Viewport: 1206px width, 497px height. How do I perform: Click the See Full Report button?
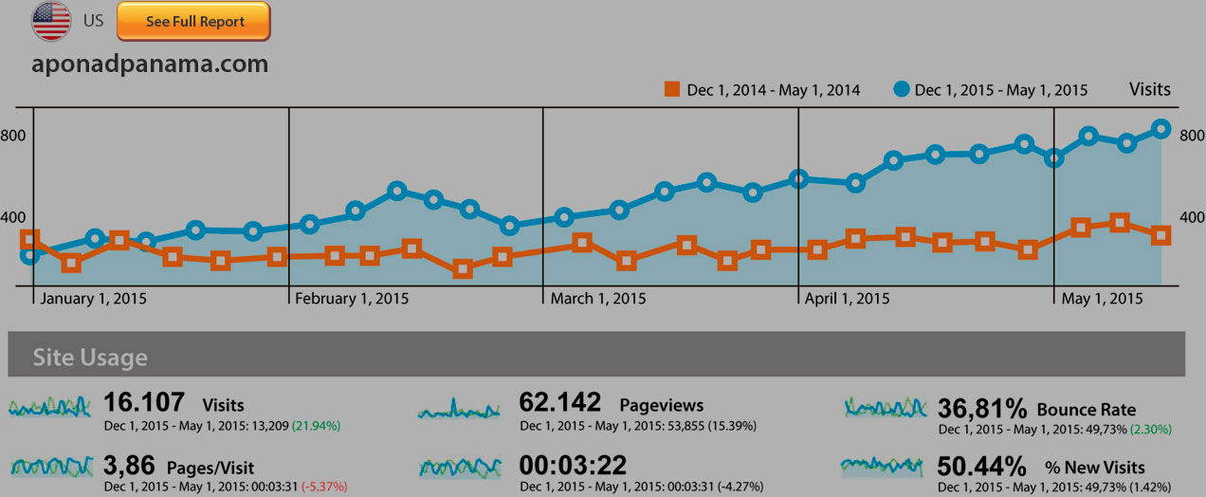[x=193, y=22]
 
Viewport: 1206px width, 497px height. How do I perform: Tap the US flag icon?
[x=51, y=22]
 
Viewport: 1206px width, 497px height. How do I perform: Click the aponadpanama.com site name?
[x=150, y=64]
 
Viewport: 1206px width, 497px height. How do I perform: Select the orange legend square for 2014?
[x=672, y=90]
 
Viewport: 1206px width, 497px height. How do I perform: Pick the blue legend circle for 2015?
[x=901, y=90]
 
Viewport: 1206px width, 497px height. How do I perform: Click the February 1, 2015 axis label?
[x=352, y=298]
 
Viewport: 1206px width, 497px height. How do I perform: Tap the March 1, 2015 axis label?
[x=598, y=298]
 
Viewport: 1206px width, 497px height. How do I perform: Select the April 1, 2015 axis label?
[x=847, y=298]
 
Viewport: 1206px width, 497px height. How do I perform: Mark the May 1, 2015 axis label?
[x=1103, y=298]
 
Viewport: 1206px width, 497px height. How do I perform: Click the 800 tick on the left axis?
[x=13, y=136]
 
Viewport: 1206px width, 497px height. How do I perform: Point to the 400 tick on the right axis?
[x=1191, y=217]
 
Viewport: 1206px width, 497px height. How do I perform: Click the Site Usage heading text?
[x=90, y=358]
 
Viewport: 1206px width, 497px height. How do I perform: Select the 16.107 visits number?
[x=144, y=403]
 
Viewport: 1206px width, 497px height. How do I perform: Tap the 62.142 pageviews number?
[x=560, y=403]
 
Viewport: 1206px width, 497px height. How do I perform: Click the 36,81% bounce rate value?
[x=982, y=409]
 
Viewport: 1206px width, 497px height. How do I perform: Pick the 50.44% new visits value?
[x=982, y=467]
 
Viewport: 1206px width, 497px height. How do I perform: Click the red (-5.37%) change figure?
[x=324, y=487]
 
